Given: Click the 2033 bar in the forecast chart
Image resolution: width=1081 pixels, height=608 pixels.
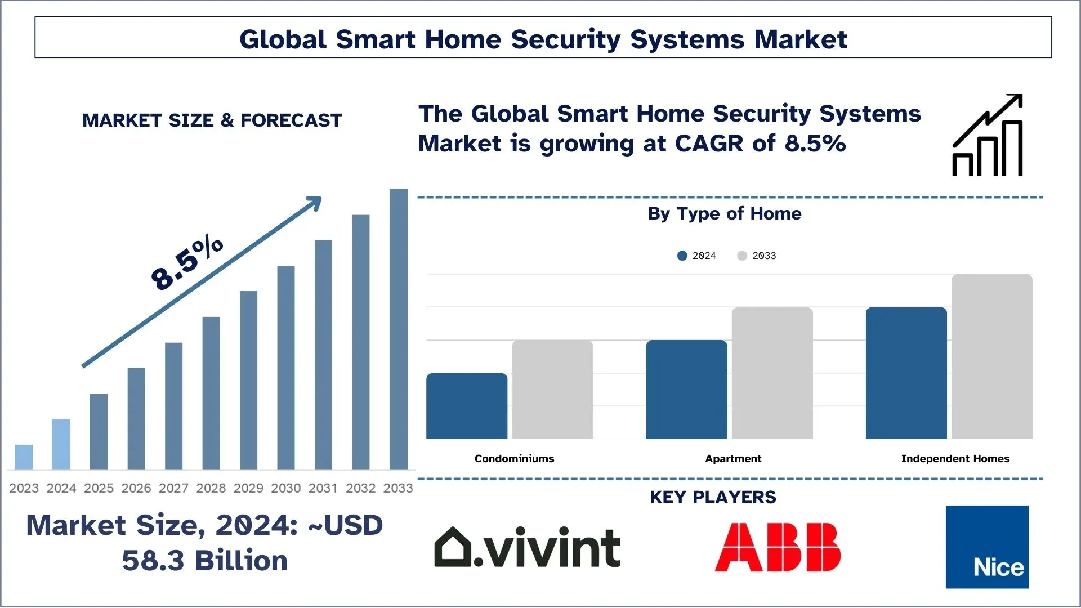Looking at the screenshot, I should [x=398, y=329].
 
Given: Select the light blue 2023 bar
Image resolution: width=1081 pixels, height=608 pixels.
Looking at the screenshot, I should [x=24, y=457].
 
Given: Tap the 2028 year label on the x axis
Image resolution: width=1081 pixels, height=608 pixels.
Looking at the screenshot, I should [x=211, y=488].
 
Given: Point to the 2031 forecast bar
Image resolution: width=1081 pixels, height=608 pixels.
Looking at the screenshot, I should [x=323, y=355].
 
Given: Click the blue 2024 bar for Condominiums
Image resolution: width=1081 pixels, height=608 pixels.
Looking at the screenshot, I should [x=467, y=406].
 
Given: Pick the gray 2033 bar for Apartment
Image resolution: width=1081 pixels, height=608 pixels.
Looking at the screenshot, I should [x=772, y=373].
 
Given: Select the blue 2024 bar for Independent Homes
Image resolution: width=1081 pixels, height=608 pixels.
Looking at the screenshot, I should [x=906, y=373].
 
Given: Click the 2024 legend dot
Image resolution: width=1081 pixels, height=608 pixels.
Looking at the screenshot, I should [x=682, y=256].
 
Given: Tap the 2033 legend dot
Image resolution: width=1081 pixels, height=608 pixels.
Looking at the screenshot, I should [x=742, y=256].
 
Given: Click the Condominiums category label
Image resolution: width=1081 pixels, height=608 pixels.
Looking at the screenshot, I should [x=514, y=459].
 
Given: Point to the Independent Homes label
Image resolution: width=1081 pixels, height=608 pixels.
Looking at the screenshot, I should [x=955, y=459].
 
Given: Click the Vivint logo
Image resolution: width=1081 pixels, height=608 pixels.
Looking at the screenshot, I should [x=527, y=547].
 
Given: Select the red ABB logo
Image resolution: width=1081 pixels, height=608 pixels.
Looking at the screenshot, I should [x=778, y=547].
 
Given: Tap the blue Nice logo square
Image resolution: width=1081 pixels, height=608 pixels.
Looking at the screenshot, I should [x=987, y=547].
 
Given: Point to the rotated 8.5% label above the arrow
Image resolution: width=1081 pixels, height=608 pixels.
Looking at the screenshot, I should [x=187, y=263].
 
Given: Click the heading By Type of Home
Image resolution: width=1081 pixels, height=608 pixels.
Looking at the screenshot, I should [x=724, y=214].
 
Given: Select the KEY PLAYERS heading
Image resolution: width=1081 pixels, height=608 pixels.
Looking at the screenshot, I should [x=713, y=498].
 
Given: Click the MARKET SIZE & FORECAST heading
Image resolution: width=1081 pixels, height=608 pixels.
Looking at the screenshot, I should [x=212, y=120].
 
